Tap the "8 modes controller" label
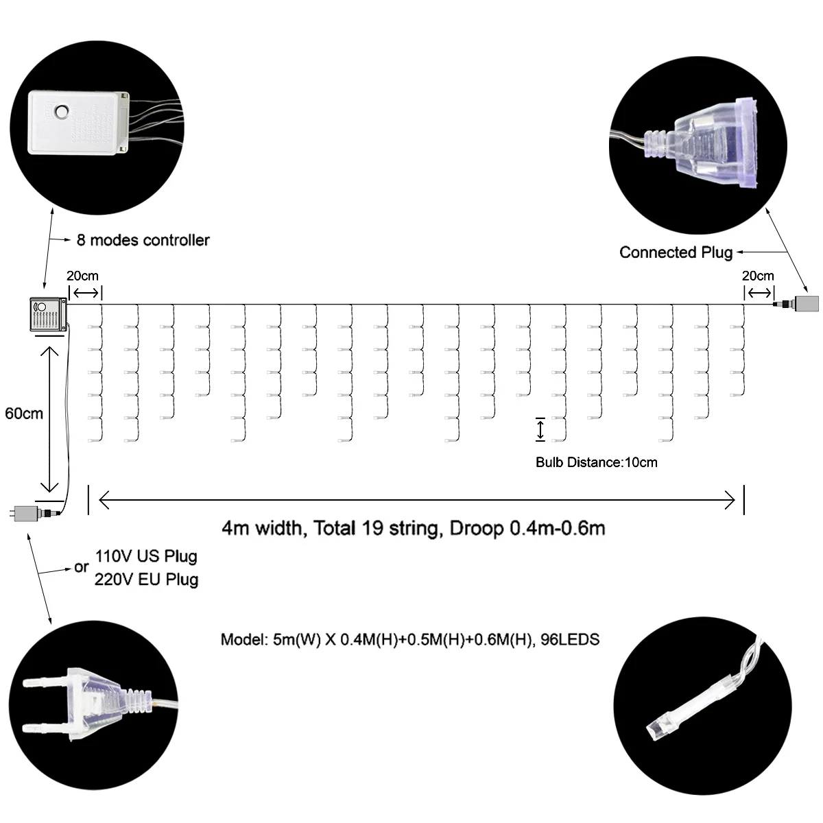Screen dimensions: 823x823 tap(143, 240)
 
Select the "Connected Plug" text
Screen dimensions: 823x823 tap(676, 252)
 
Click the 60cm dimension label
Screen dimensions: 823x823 tap(23, 414)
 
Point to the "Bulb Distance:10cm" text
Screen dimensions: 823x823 tap(596, 462)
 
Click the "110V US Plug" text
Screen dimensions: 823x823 tap(146, 556)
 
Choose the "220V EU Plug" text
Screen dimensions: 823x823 tap(146, 580)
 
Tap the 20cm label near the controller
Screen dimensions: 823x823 tap(82, 276)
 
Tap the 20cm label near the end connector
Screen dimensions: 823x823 tap(758, 276)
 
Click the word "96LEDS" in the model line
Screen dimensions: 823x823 tap(570, 640)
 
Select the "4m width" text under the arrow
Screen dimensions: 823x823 tap(261, 528)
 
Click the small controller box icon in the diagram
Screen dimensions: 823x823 tap(47, 314)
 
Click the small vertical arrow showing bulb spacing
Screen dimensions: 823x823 tap(540, 429)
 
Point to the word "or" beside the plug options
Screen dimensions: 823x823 tap(82, 567)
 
